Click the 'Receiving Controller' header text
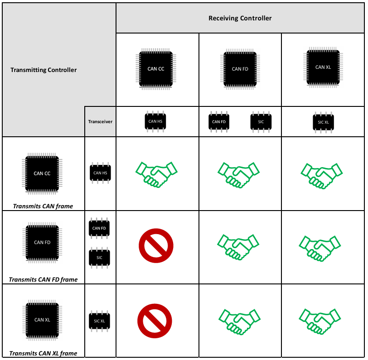pyautogui.click(x=240, y=18)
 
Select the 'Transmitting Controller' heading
pyautogui.click(x=44, y=70)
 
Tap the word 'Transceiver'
pyautogui.click(x=100, y=121)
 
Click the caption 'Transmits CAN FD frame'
pyautogui.click(x=43, y=279)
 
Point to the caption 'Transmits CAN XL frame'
pyautogui.click(x=43, y=353)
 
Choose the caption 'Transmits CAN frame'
pyautogui.click(x=43, y=206)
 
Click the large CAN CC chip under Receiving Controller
pyautogui.click(x=156, y=69)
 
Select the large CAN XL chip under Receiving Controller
pyautogui.click(x=323, y=67)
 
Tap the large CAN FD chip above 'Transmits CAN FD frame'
pyautogui.click(x=42, y=242)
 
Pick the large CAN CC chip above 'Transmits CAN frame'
pyautogui.click(x=42, y=173)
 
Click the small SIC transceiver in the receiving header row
pyautogui.click(x=261, y=121)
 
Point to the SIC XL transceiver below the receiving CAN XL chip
pyautogui.click(x=323, y=122)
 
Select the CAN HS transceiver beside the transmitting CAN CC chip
pyautogui.click(x=100, y=173)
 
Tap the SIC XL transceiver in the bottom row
pyautogui.click(x=100, y=321)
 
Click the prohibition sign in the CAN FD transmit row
pyautogui.click(x=156, y=246)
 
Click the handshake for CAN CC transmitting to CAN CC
pyautogui.click(x=156, y=173)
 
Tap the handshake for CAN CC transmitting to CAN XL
pyautogui.click(x=323, y=173)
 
